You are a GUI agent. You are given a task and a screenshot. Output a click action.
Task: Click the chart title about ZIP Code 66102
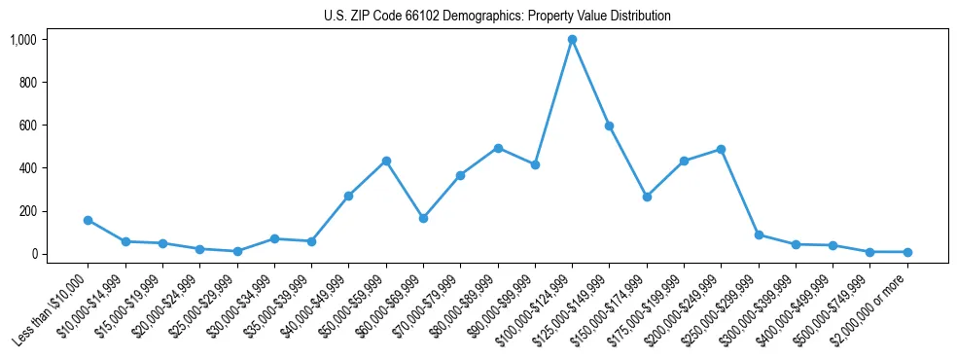pyautogui.click(x=497, y=17)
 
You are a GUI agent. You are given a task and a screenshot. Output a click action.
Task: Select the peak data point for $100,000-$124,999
pyautogui.click(x=572, y=40)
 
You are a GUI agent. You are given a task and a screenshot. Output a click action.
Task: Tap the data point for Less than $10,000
pyautogui.click(x=89, y=220)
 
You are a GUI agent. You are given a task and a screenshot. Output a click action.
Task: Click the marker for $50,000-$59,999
pyautogui.click(x=386, y=161)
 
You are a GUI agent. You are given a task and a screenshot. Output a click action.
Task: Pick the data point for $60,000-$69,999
pyautogui.click(x=423, y=218)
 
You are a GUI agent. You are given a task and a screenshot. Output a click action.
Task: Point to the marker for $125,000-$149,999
pyautogui.click(x=609, y=126)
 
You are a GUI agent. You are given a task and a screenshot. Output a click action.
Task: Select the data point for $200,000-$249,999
pyautogui.click(x=721, y=149)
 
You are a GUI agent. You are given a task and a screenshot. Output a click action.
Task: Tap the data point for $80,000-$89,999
pyautogui.click(x=498, y=148)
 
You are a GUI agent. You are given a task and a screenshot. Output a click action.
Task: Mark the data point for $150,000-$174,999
pyautogui.click(x=647, y=197)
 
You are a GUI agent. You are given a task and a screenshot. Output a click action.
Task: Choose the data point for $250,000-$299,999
pyautogui.click(x=758, y=234)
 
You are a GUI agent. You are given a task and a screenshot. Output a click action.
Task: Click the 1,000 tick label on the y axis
pyautogui.click(x=23, y=40)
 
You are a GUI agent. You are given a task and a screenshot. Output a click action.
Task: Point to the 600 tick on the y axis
pyautogui.click(x=29, y=126)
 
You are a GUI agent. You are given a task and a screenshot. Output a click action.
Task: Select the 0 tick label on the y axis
pyautogui.click(x=35, y=254)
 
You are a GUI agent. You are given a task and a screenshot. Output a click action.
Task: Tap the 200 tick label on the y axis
pyautogui.click(x=29, y=211)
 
